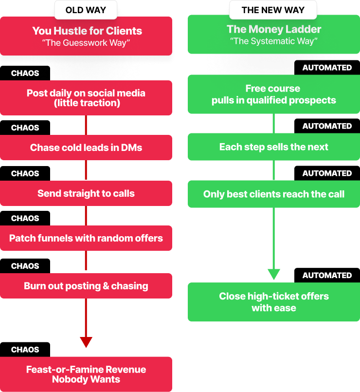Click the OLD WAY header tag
[x=86, y=10]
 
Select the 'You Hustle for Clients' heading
[x=87, y=31]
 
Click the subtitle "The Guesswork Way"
[x=86, y=42]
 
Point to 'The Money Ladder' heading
[x=274, y=29]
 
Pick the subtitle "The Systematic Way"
[x=274, y=41]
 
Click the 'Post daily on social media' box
[x=86, y=98]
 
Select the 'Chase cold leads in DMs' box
[x=86, y=148]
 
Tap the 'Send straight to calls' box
[x=86, y=193]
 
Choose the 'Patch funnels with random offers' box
[x=86, y=238]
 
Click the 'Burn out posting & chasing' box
[x=86, y=286]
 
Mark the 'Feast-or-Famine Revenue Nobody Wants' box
[x=86, y=374]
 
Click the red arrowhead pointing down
[x=86, y=342]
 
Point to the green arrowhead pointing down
[x=274, y=274]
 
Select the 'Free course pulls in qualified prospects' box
[x=274, y=94]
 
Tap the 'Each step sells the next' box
[x=274, y=147]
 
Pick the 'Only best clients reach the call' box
[x=274, y=194]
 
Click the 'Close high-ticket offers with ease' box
[x=274, y=302]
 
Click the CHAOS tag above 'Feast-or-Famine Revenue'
[x=25, y=350]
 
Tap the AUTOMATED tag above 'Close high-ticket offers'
[x=327, y=275]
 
